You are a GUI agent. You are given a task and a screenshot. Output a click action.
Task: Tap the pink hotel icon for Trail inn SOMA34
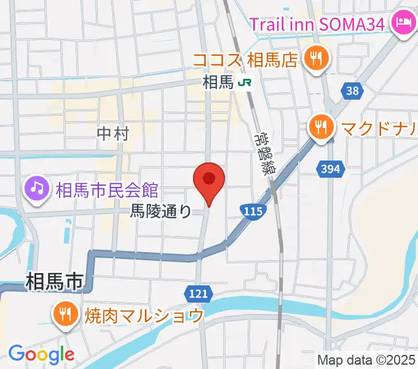tap(403, 24)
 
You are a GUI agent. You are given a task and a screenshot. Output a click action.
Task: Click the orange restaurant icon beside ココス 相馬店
tap(317, 59)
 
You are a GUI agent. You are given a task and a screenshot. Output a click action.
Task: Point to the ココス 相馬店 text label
tap(245, 60)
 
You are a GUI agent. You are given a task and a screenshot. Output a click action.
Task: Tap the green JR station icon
tap(246, 82)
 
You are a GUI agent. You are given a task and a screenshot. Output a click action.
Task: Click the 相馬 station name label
tap(218, 82)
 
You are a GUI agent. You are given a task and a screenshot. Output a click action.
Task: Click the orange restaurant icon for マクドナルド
tap(321, 129)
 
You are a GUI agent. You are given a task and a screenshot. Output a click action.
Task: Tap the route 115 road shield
tap(253, 212)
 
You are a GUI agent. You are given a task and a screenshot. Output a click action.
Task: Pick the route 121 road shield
tap(199, 294)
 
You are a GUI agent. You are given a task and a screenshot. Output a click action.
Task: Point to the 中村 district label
tap(113, 133)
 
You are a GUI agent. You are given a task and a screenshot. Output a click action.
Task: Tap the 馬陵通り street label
tap(161, 212)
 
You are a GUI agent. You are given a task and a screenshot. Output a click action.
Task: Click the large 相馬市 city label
tap(55, 282)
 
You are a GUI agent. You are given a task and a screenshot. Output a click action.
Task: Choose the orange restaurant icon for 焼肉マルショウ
tap(64, 315)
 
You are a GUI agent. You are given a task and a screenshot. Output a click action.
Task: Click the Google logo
tap(41, 354)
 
